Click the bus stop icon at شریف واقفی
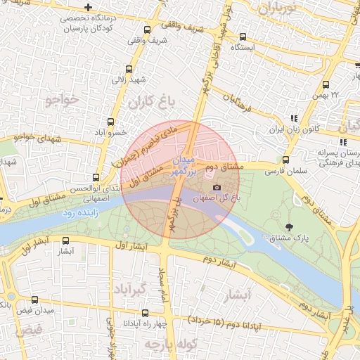(x=147, y=30)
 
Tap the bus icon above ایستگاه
(x=243, y=37)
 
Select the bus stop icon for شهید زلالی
(x=128, y=70)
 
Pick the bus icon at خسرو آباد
(x=109, y=121)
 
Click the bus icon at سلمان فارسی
(x=285, y=160)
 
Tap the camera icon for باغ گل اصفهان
(x=217, y=188)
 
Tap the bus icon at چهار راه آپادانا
(x=145, y=314)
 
